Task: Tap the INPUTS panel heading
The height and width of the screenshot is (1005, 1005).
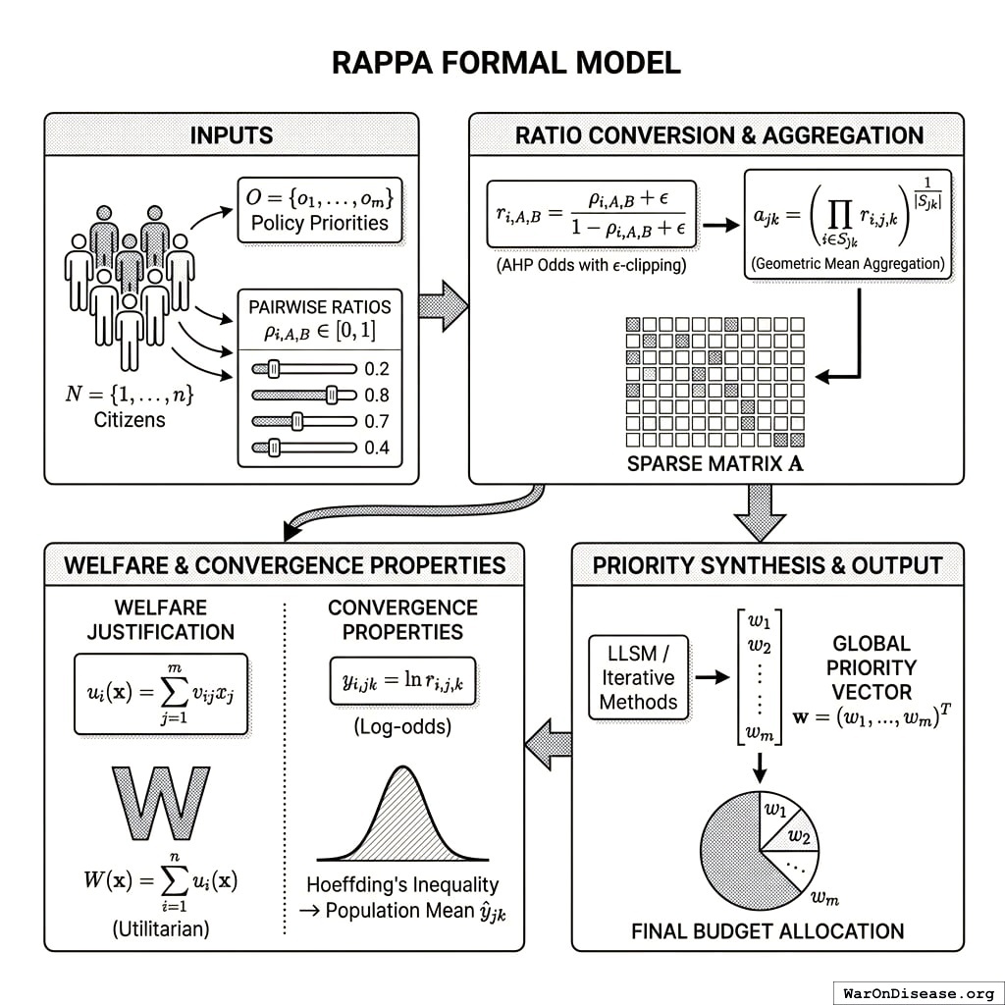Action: coord(232,135)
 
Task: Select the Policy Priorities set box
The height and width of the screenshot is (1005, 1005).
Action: coord(319,208)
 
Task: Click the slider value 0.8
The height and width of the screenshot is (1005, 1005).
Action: coord(376,396)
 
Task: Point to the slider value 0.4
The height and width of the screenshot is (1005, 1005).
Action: coord(376,449)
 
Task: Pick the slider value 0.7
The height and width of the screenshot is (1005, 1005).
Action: coord(376,422)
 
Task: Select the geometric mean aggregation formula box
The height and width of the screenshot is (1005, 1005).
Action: coord(847,224)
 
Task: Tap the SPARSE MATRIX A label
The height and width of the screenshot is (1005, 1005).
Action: coord(715,463)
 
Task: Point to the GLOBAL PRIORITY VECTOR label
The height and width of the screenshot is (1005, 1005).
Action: coord(872,667)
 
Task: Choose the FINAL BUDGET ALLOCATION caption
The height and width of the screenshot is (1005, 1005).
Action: coord(767,930)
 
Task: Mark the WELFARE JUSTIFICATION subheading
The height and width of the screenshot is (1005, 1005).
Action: coord(160,619)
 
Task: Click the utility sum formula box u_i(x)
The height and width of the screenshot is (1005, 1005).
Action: coord(161,694)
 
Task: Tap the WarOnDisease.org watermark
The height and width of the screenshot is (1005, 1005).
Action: coord(917,992)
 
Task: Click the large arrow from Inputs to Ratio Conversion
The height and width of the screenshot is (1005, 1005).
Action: coord(444,304)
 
